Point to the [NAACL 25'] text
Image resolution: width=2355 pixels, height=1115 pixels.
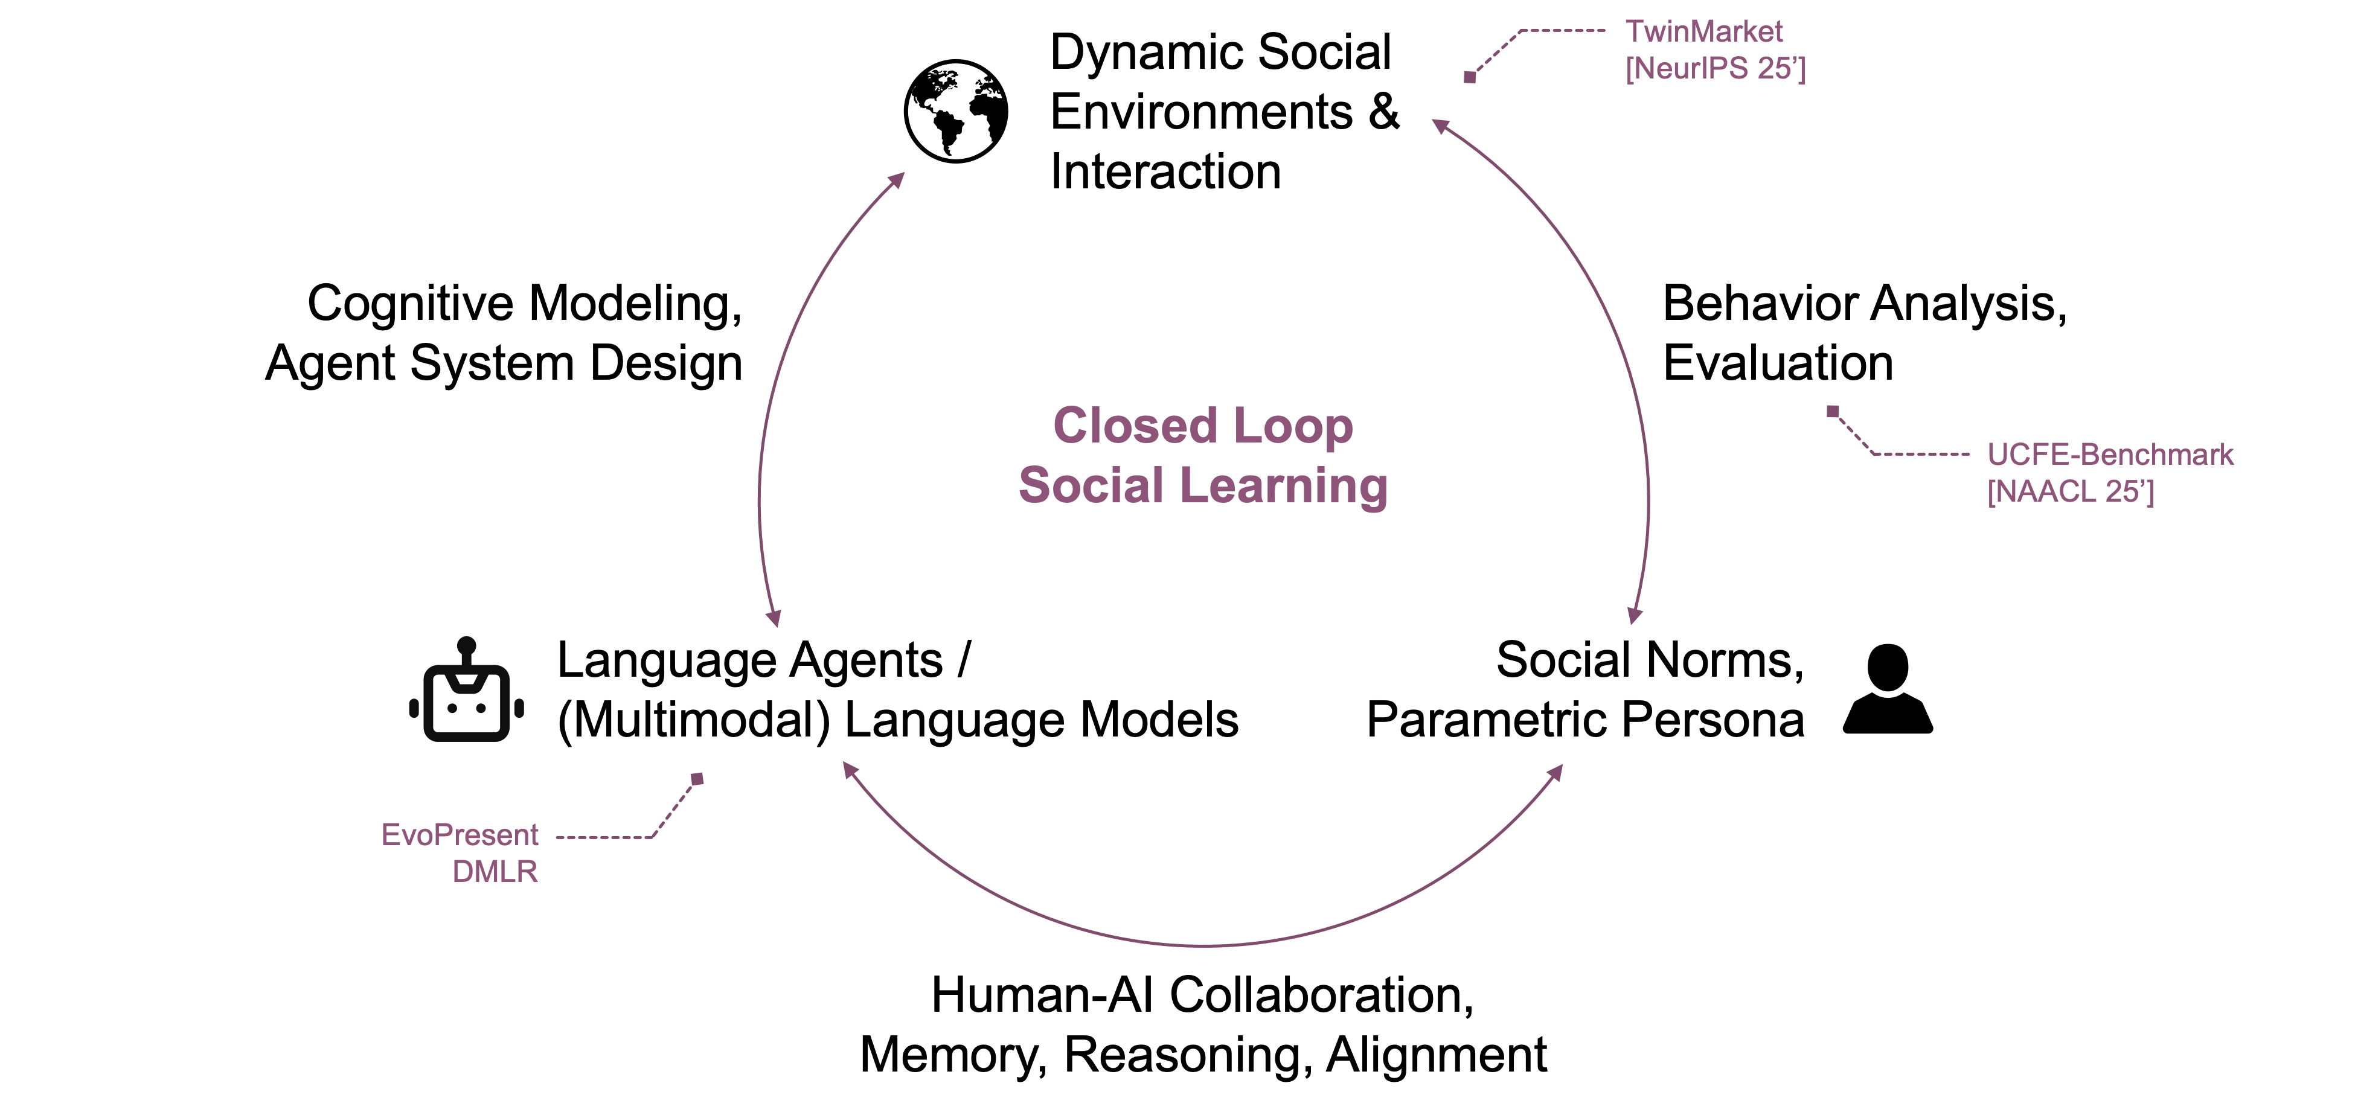[x=2071, y=491]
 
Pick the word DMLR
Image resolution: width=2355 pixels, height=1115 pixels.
[x=495, y=872]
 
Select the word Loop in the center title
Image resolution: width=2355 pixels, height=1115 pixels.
[x=1293, y=426]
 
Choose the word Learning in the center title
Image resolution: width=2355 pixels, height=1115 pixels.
[x=1284, y=486]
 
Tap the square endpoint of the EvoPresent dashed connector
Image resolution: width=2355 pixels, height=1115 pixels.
[x=697, y=779]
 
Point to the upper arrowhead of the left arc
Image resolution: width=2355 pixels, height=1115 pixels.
[x=898, y=179]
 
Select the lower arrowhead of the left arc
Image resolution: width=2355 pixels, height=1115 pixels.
[x=774, y=619]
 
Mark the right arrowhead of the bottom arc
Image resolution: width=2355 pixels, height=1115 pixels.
[x=1556, y=772]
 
